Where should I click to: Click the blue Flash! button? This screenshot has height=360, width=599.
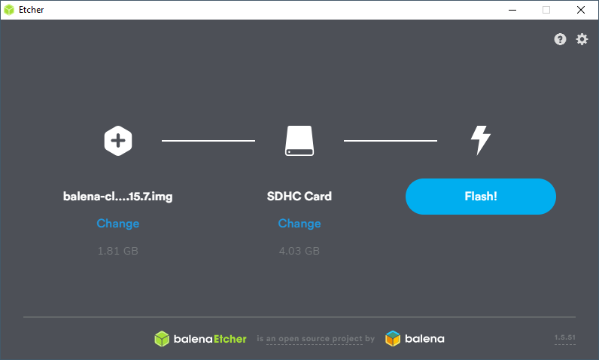click(x=480, y=197)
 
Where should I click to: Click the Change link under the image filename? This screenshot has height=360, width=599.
click(x=118, y=224)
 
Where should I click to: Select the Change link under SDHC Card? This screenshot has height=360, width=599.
click(x=299, y=224)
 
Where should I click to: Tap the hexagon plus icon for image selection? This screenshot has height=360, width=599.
click(x=118, y=140)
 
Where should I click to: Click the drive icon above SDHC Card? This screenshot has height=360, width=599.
click(x=299, y=140)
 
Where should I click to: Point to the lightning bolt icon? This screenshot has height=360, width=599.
click(x=480, y=140)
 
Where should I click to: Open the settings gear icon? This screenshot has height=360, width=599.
click(x=582, y=39)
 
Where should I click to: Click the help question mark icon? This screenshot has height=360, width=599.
click(x=560, y=39)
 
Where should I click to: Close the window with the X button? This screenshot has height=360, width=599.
click(x=580, y=10)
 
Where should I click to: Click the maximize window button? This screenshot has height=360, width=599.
click(x=546, y=10)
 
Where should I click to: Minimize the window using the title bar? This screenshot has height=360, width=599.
click(x=511, y=10)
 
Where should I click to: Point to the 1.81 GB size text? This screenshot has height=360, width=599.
click(x=118, y=251)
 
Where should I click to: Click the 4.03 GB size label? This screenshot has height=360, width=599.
click(x=299, y=251)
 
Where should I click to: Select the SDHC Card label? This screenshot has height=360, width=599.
click(x=299, y=197)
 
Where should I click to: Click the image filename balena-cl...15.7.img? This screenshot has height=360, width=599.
click(x=118, y=197)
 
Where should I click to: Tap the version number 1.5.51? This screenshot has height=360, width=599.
click(x=564, y=339)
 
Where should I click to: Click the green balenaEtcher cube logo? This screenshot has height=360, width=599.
click(x=162, y=339)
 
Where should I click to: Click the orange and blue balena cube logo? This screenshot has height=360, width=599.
click(x=393, y=339)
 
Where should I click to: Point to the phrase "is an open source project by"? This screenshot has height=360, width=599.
click(x=315, y=340)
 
